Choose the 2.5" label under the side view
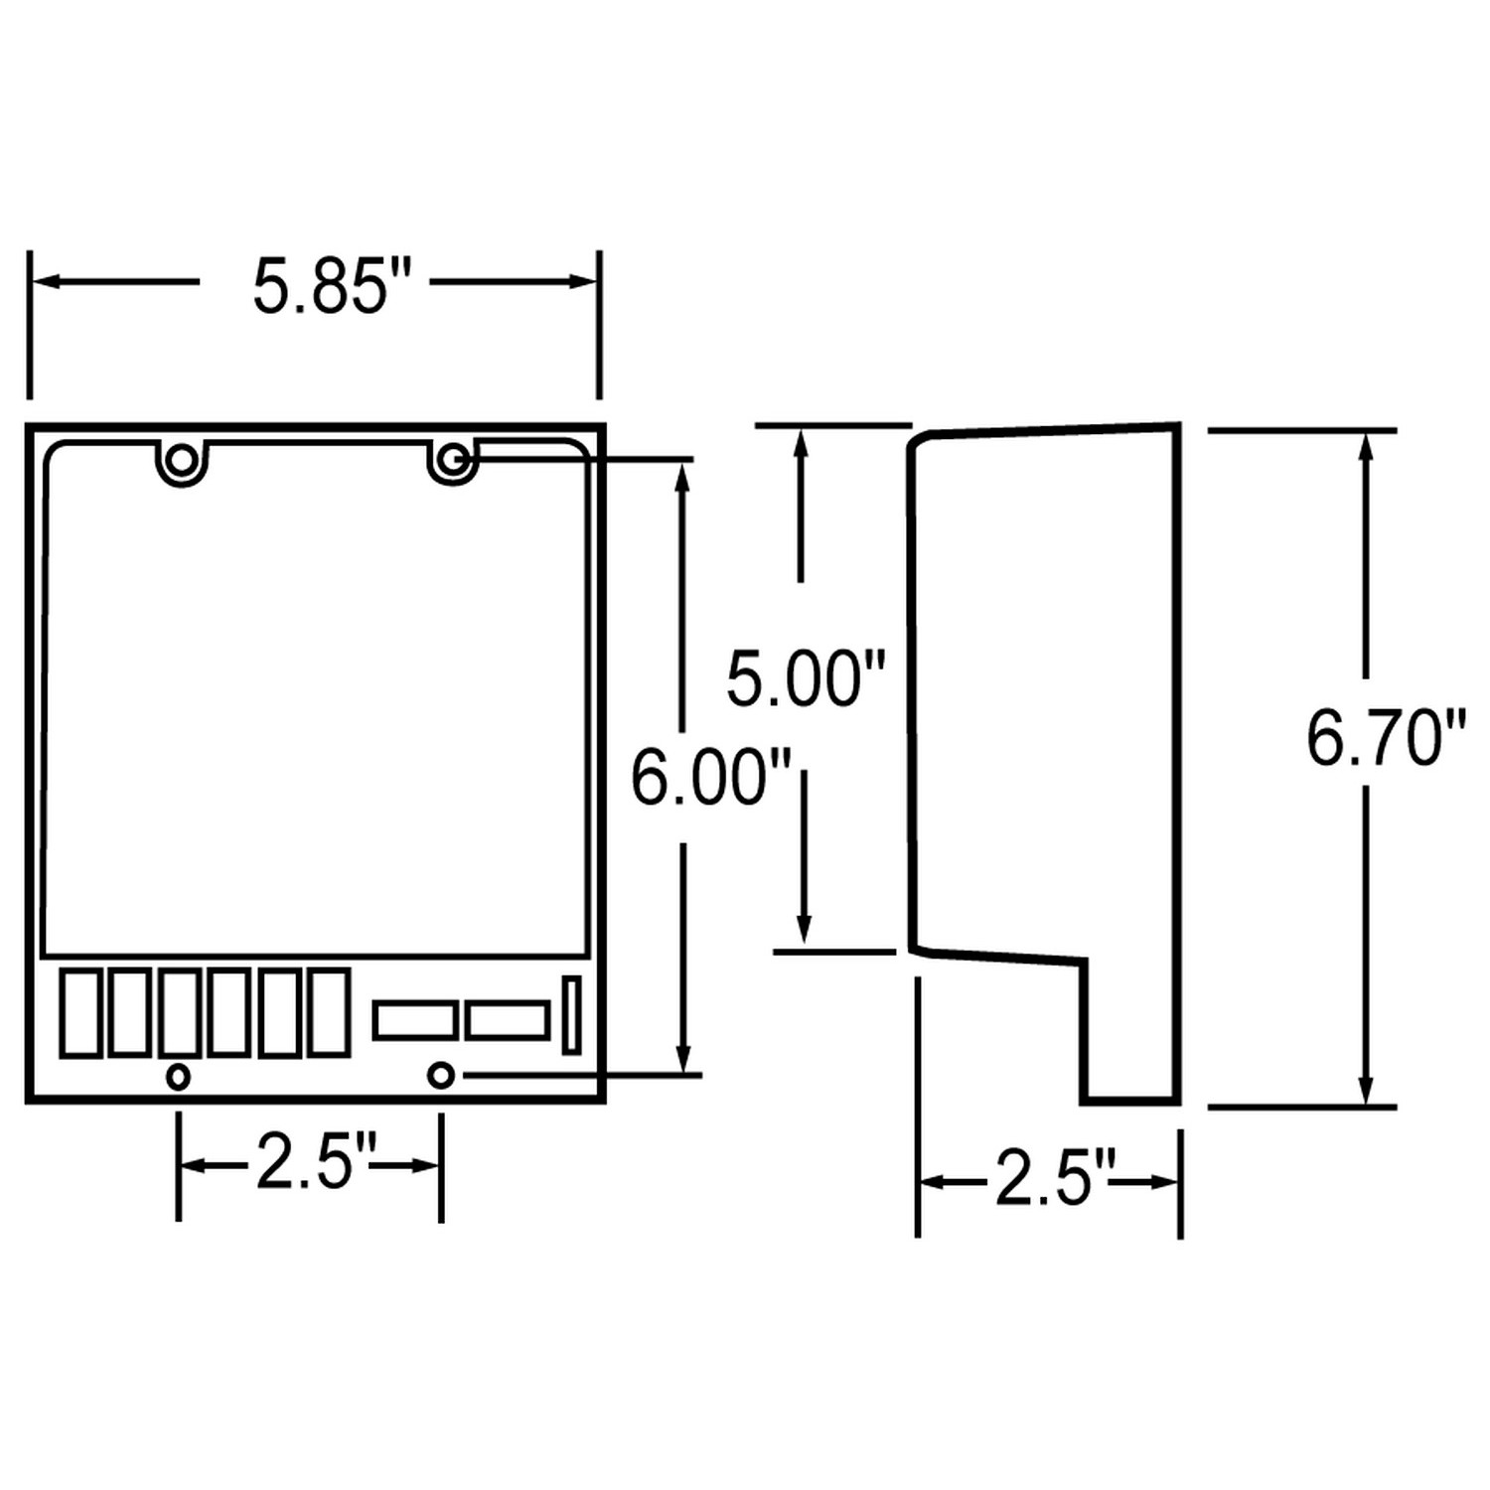(1055, 1180)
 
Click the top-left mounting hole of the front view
(182, 460)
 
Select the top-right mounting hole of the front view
(453, 459)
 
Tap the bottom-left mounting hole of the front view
(178, 1076)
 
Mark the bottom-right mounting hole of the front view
(441, 1075)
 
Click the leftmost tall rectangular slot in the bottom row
(79, 1012)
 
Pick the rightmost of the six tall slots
(328, 1011)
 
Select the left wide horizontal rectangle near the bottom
(415, 1021)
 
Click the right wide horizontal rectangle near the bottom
(507, 1021)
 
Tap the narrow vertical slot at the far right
(571, 1014)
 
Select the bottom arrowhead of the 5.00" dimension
(804, 928)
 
